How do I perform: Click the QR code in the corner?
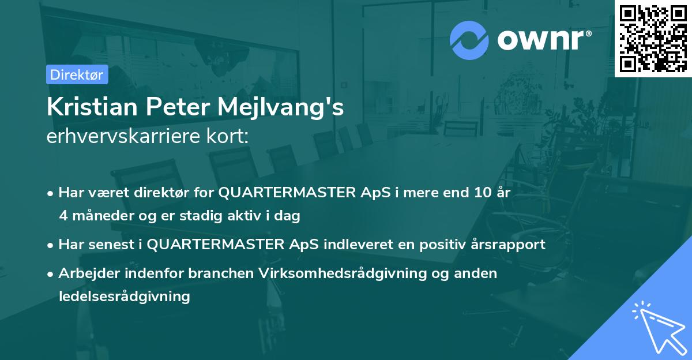click(653, 38)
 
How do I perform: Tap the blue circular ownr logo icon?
click(470, 40)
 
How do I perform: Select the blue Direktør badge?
click(77, 74)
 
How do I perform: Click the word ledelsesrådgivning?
click(124, 297)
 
